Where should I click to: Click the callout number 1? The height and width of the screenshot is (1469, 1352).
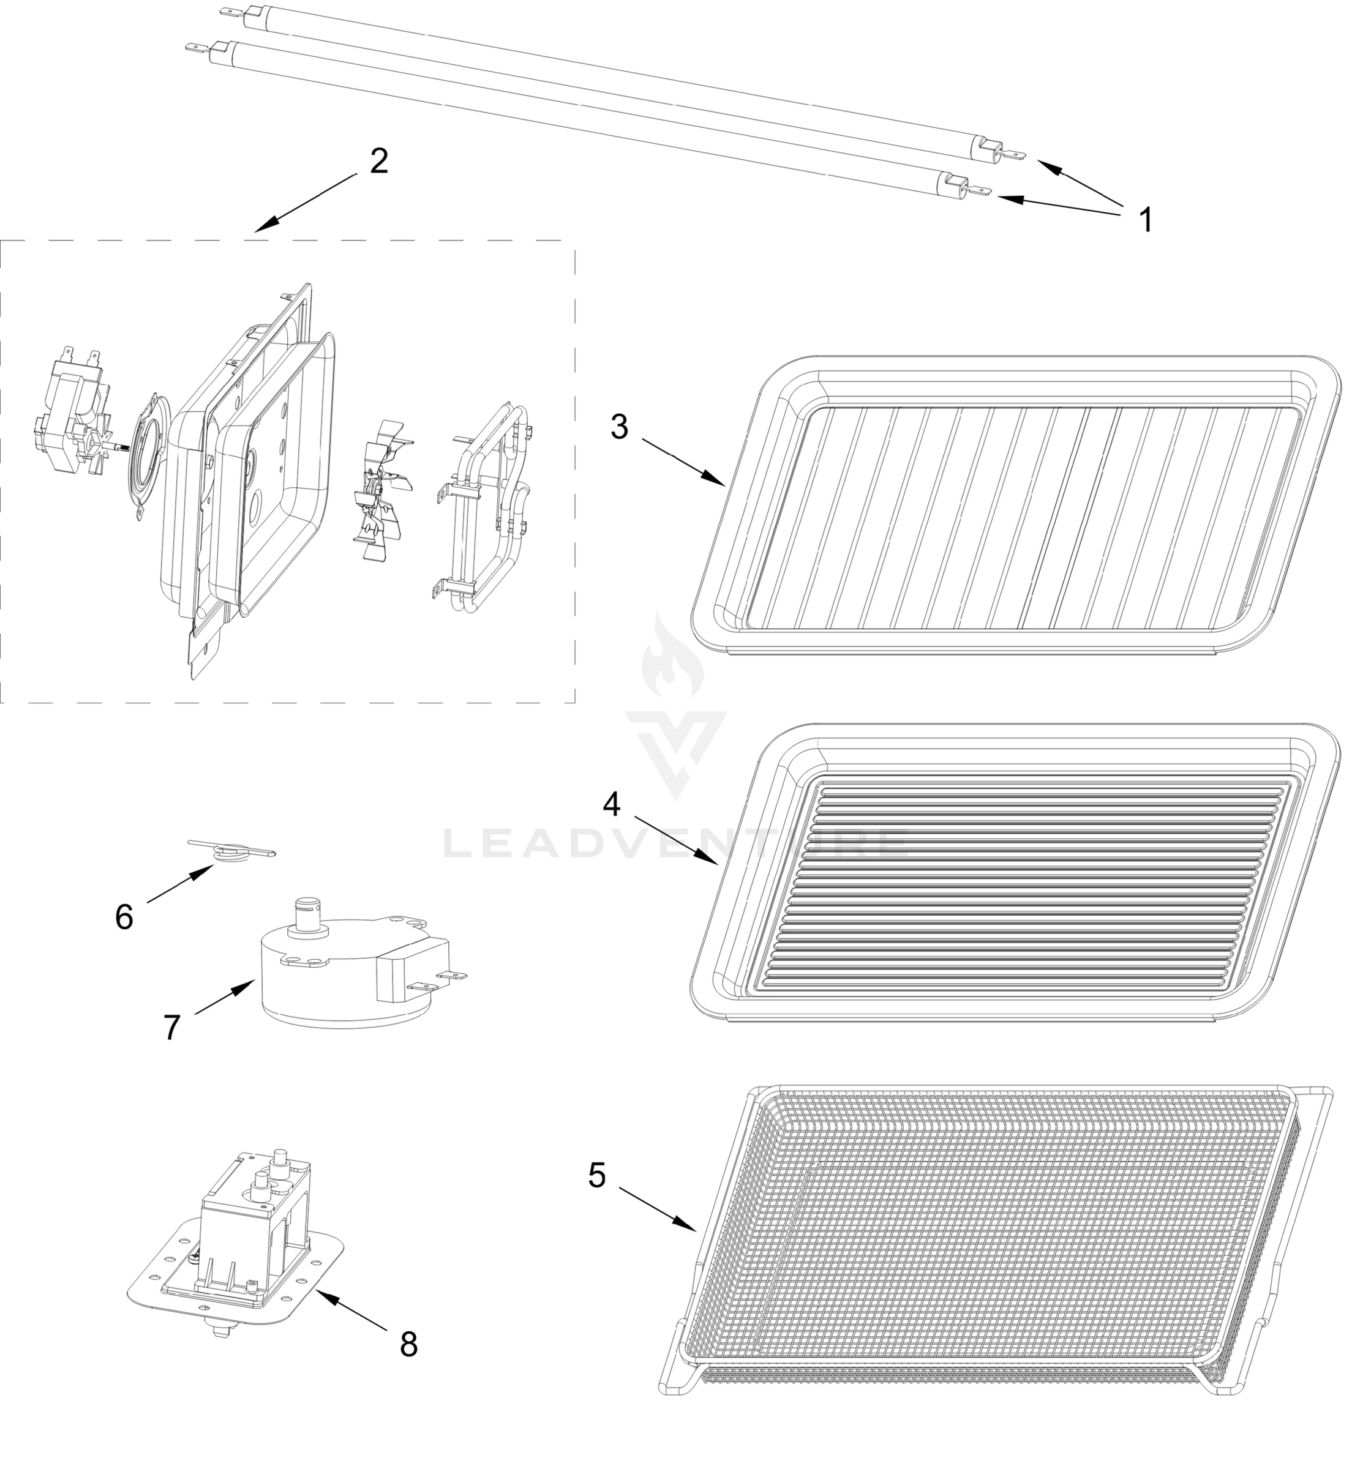pos(1146,219)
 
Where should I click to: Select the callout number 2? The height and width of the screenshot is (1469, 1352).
pos(378,161)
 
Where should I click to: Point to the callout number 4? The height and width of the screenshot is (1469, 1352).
pos(612,804)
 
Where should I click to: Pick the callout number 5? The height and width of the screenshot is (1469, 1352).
pos(597,1176)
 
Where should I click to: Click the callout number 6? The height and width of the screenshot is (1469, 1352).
pos(124,917)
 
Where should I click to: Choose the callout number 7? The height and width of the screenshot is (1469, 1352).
pos(171,1027)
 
